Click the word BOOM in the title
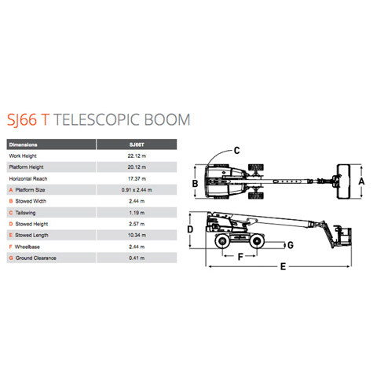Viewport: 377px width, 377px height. click(167, 119)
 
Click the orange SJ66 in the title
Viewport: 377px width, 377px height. click(22, 120)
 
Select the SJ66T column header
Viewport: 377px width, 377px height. click(137, 145)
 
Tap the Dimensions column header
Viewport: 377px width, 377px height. click(23, 145)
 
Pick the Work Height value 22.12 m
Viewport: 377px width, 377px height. click(137, 156)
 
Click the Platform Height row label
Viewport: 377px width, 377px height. click(26, 167)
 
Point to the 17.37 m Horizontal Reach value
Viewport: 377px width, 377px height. click(137, 179)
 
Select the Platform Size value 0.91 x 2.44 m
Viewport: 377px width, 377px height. click(137, 190)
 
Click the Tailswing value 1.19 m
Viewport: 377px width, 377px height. click(137, 213)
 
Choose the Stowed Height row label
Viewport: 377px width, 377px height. click(31, 224)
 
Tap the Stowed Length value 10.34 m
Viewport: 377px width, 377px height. click(137, 236)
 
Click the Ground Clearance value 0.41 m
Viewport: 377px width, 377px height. click(137, 258)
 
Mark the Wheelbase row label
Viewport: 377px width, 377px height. click(27, 247)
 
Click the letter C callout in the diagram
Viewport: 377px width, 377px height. click(236, 151)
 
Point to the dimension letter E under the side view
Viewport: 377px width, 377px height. click(283, 267)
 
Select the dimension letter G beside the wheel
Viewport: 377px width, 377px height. click(291, 245)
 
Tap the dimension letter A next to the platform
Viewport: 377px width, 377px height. click(361, 181)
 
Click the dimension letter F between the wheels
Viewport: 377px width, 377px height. click(240, 257)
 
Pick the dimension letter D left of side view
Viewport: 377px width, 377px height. click(190, 229)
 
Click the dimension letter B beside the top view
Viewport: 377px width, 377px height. click(195, 184)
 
